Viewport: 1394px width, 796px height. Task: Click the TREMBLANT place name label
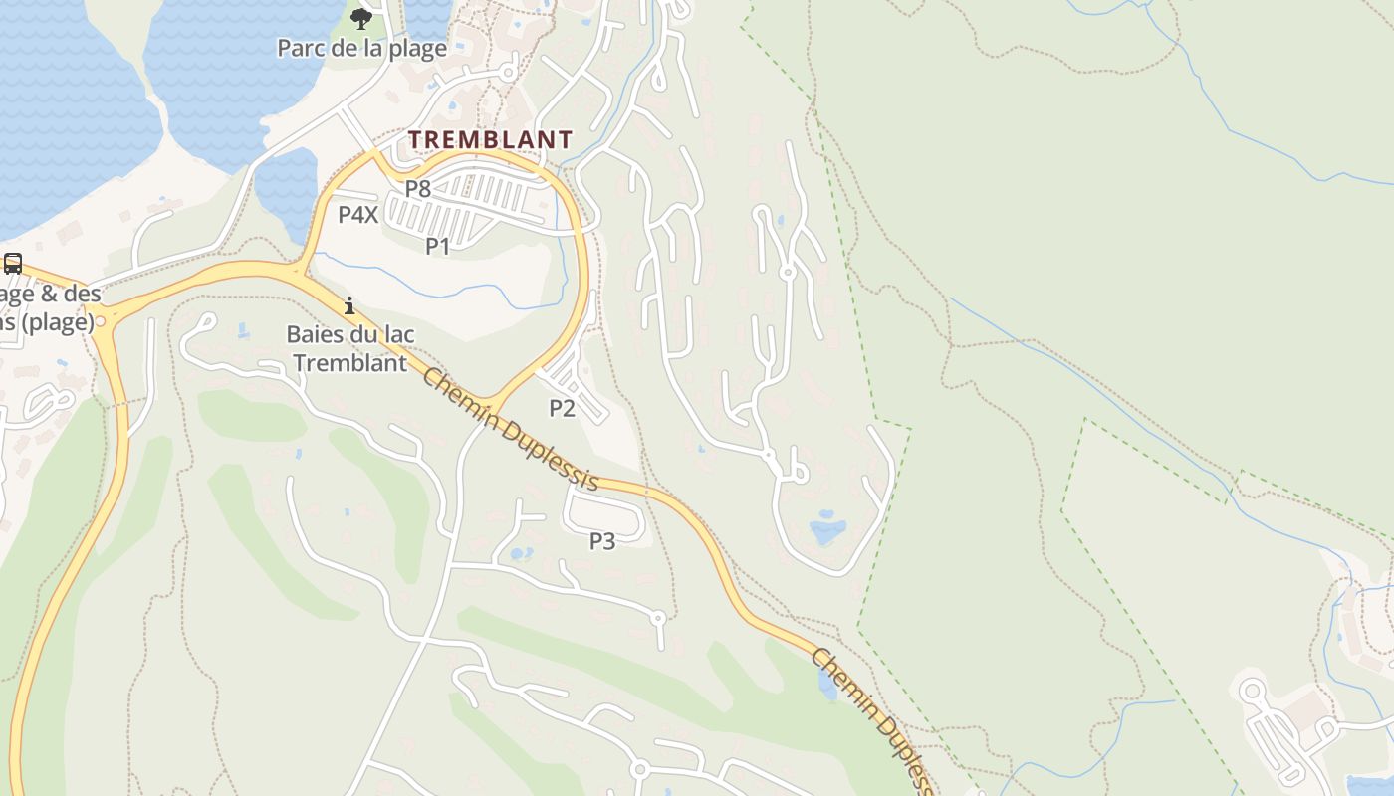click(x=490, y=139)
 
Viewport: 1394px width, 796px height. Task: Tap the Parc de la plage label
click(x=361, y=48)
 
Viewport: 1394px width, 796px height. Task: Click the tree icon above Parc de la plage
click(x=361, y=18)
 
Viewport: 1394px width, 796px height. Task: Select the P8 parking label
click(x=417, y=187)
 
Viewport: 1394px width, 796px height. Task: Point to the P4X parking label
click(x=357, y=214)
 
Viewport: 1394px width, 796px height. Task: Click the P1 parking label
click(x=438, y=246)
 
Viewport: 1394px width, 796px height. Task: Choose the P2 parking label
click(x=563, y=407)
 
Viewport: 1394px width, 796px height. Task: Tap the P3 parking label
click(x=602, y=541)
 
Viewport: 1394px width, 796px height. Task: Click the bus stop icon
click(x=13, y=264)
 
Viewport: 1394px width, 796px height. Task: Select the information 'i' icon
click(x=349, y=305)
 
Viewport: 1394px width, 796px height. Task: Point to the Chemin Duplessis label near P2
click(x=510, y=429)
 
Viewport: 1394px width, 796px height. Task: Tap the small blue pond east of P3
click(x=826, y=527)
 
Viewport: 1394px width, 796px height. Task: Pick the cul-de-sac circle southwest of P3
click(x=657, y=618)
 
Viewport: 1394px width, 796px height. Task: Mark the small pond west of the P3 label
click(x=517, y=552)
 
